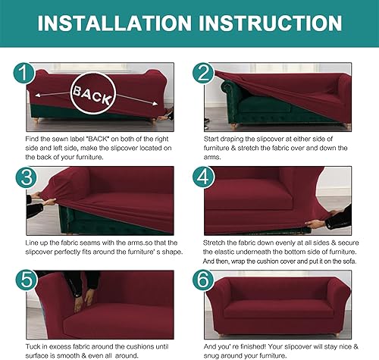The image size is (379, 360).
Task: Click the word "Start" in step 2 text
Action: click(215, 141)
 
